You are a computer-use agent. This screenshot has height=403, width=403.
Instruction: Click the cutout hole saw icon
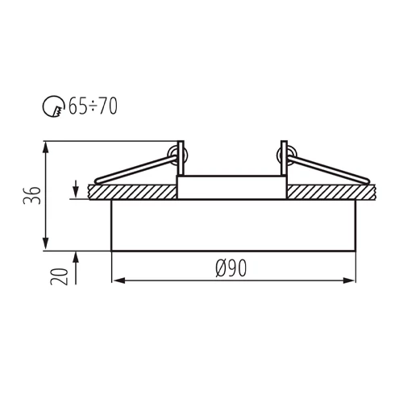[x=51, y=106]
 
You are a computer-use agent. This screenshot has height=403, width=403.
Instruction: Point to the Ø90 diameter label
[x=231, y=268]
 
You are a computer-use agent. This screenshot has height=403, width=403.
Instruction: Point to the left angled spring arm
[x=133, y=171]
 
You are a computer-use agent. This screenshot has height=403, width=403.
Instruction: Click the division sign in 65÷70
[x=93, y=106]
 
